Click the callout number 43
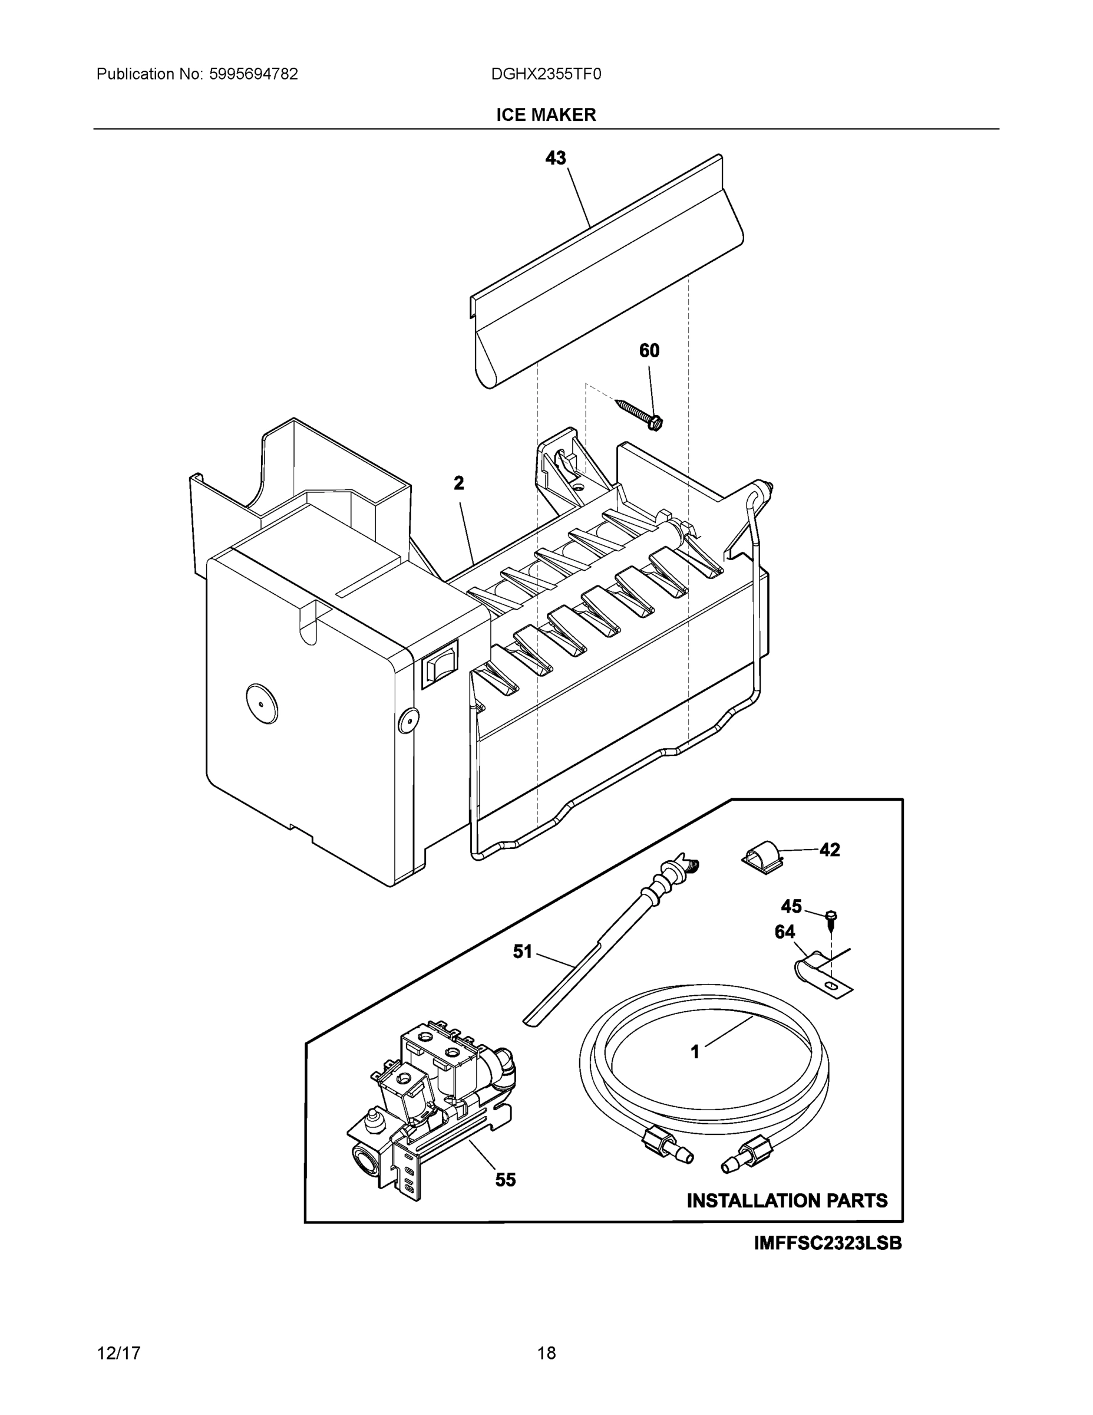[x=555, y=157]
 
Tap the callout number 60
[x=649, y=351]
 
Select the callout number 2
[x=458, y=483]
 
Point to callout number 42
[x=830, y=850]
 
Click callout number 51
[x=522, y=951]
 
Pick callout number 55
[x=506, y=1180]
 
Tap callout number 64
[x=784, y=932]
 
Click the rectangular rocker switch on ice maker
[x=439, y=663]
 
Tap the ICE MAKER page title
[x=546, y=115]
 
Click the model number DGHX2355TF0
[x=546, y=74]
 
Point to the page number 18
[x=546, y=1353]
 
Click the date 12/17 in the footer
[x=118, y=1353]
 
